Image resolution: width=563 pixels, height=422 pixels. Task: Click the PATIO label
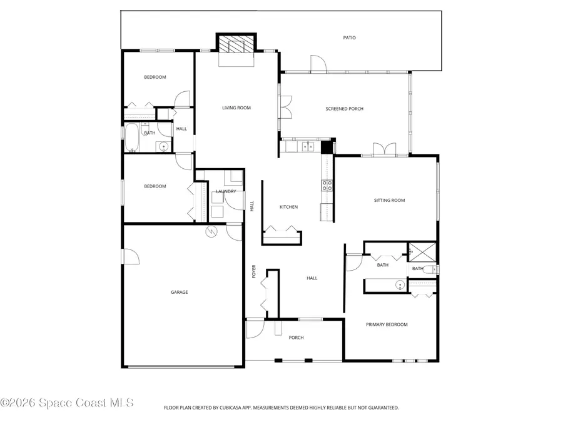point(349,38)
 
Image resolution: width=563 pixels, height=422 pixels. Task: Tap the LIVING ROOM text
point(236,108)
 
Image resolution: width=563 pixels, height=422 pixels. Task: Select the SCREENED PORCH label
point(344,109)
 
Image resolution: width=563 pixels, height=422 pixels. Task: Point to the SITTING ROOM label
point(389,201)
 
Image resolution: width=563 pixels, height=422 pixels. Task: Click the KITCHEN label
point(288,207)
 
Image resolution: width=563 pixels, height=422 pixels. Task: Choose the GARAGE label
point(180,292)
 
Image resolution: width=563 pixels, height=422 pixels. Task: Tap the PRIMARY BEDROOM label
point(387,324)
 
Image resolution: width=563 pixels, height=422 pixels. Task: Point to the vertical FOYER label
point(254,271)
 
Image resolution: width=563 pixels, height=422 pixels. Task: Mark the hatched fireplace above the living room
point(236,44)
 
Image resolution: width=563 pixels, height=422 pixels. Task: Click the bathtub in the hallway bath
point(132,138)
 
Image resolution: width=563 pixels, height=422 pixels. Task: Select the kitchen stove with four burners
point(327,185)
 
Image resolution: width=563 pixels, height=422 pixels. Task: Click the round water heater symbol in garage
point(213,231)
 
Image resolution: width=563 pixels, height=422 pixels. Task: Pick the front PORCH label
point(296,338)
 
